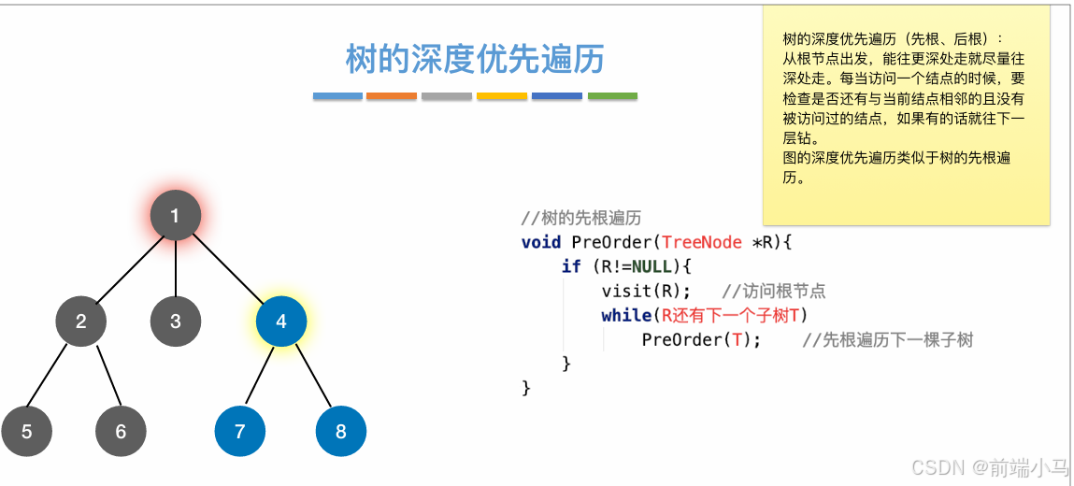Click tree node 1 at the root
pos(176,216)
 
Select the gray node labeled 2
pos(81,322)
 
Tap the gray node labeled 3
pos(176,322)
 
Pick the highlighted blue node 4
pos(281,322)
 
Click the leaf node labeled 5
pos(26,432)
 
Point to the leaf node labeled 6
pos(121,432)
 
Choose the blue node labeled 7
pos(240,432)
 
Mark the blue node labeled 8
pos(340,432)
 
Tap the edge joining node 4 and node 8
pos(312,379)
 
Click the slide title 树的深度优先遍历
pos(475,59)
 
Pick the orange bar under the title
pos(392,95)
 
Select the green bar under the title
pos(612,95)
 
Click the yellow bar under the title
pos(502,95)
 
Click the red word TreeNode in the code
pos(701,242)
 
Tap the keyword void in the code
pos(541,242)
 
